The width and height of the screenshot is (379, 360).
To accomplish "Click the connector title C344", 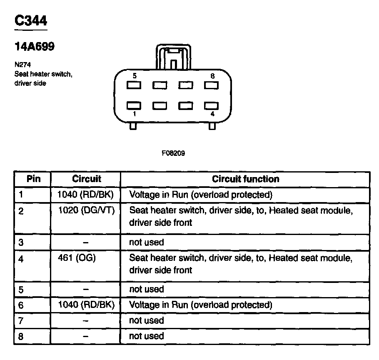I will coord(31,21).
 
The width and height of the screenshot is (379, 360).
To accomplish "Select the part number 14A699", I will coord(35,47).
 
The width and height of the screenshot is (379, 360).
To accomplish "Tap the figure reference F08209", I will coord(173,153).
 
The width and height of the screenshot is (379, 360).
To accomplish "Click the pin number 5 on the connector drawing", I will coord(135,76).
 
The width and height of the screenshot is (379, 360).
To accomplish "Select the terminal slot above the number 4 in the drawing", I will coord(212,105).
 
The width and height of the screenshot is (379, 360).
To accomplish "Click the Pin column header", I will coord(33,179).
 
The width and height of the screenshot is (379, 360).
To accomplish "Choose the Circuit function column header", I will coord(245,179).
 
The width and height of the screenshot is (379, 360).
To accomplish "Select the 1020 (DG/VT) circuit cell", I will coord(86,210).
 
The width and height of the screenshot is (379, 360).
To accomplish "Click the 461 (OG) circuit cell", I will coord(77,258).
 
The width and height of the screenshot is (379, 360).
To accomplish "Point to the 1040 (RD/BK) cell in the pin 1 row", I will coord(86,194).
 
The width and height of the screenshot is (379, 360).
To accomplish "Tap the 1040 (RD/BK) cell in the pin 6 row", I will coord(86,305).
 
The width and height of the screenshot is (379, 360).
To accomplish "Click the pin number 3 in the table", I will coord(21,242).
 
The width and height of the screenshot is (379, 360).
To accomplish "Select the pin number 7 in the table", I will coord(21,320).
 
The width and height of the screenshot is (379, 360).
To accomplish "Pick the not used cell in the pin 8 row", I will coord(147,336).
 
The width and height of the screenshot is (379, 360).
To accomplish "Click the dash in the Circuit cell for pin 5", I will coord(85,289).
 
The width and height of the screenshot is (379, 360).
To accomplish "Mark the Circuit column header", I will coord(86,179).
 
